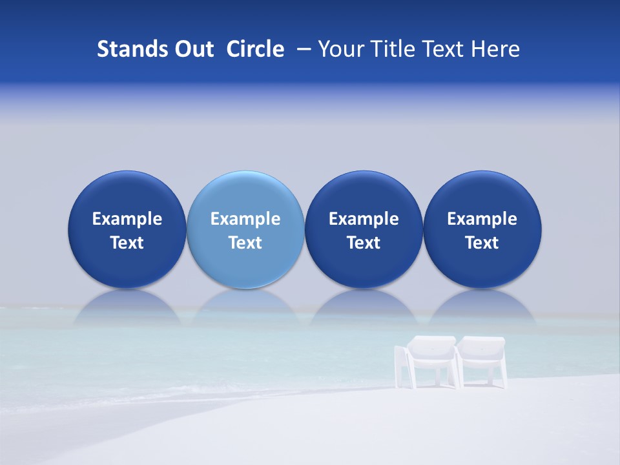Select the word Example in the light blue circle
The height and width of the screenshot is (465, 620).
(x=245, y=219)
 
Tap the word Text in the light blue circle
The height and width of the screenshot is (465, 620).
(x=245, y=243)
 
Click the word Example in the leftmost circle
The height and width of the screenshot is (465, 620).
(x=127, y=219)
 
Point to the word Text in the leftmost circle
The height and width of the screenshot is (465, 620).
(x=127, y=243)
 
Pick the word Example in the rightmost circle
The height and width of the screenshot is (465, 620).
(x=482, y=219)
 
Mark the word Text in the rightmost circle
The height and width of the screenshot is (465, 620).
(x=482, y=243)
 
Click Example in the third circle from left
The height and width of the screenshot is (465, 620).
(x=364, y=219)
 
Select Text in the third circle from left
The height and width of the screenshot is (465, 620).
(x=364, y=243)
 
